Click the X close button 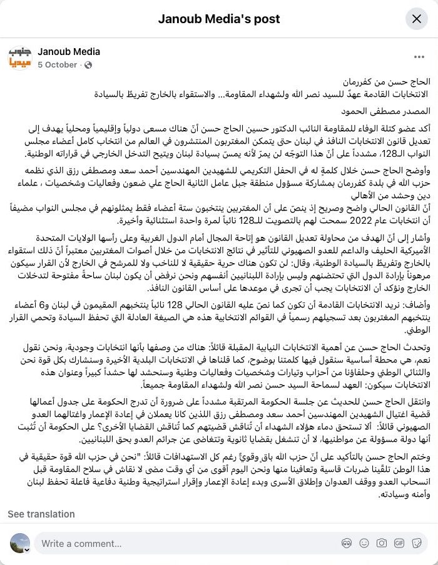[x=416, y=19]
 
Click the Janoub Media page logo [x=19, y=58]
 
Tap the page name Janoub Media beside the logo [x=69, y=52]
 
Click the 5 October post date [x=58, y=65]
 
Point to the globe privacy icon [x=88, y=65]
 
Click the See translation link [x=41, y=514]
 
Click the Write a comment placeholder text [x=74, y=544]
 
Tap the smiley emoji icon [x=363, y=544]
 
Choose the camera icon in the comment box [x=381, y=544]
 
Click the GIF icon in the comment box [x=399, y=544]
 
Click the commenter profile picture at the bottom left [x=20, y=543]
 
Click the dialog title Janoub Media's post [x=219, y=19]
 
